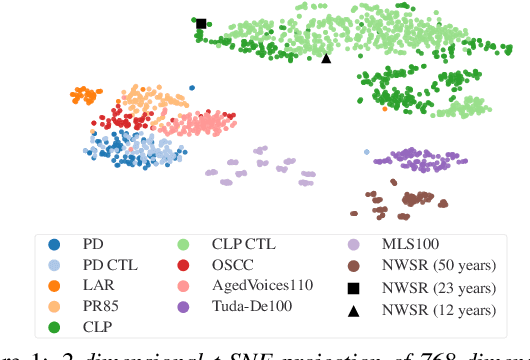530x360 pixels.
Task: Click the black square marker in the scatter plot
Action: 201,23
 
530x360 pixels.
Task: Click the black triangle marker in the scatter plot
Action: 326,58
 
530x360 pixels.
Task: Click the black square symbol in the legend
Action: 354,288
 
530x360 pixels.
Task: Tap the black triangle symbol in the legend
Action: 354,311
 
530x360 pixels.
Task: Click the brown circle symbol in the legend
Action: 354,264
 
